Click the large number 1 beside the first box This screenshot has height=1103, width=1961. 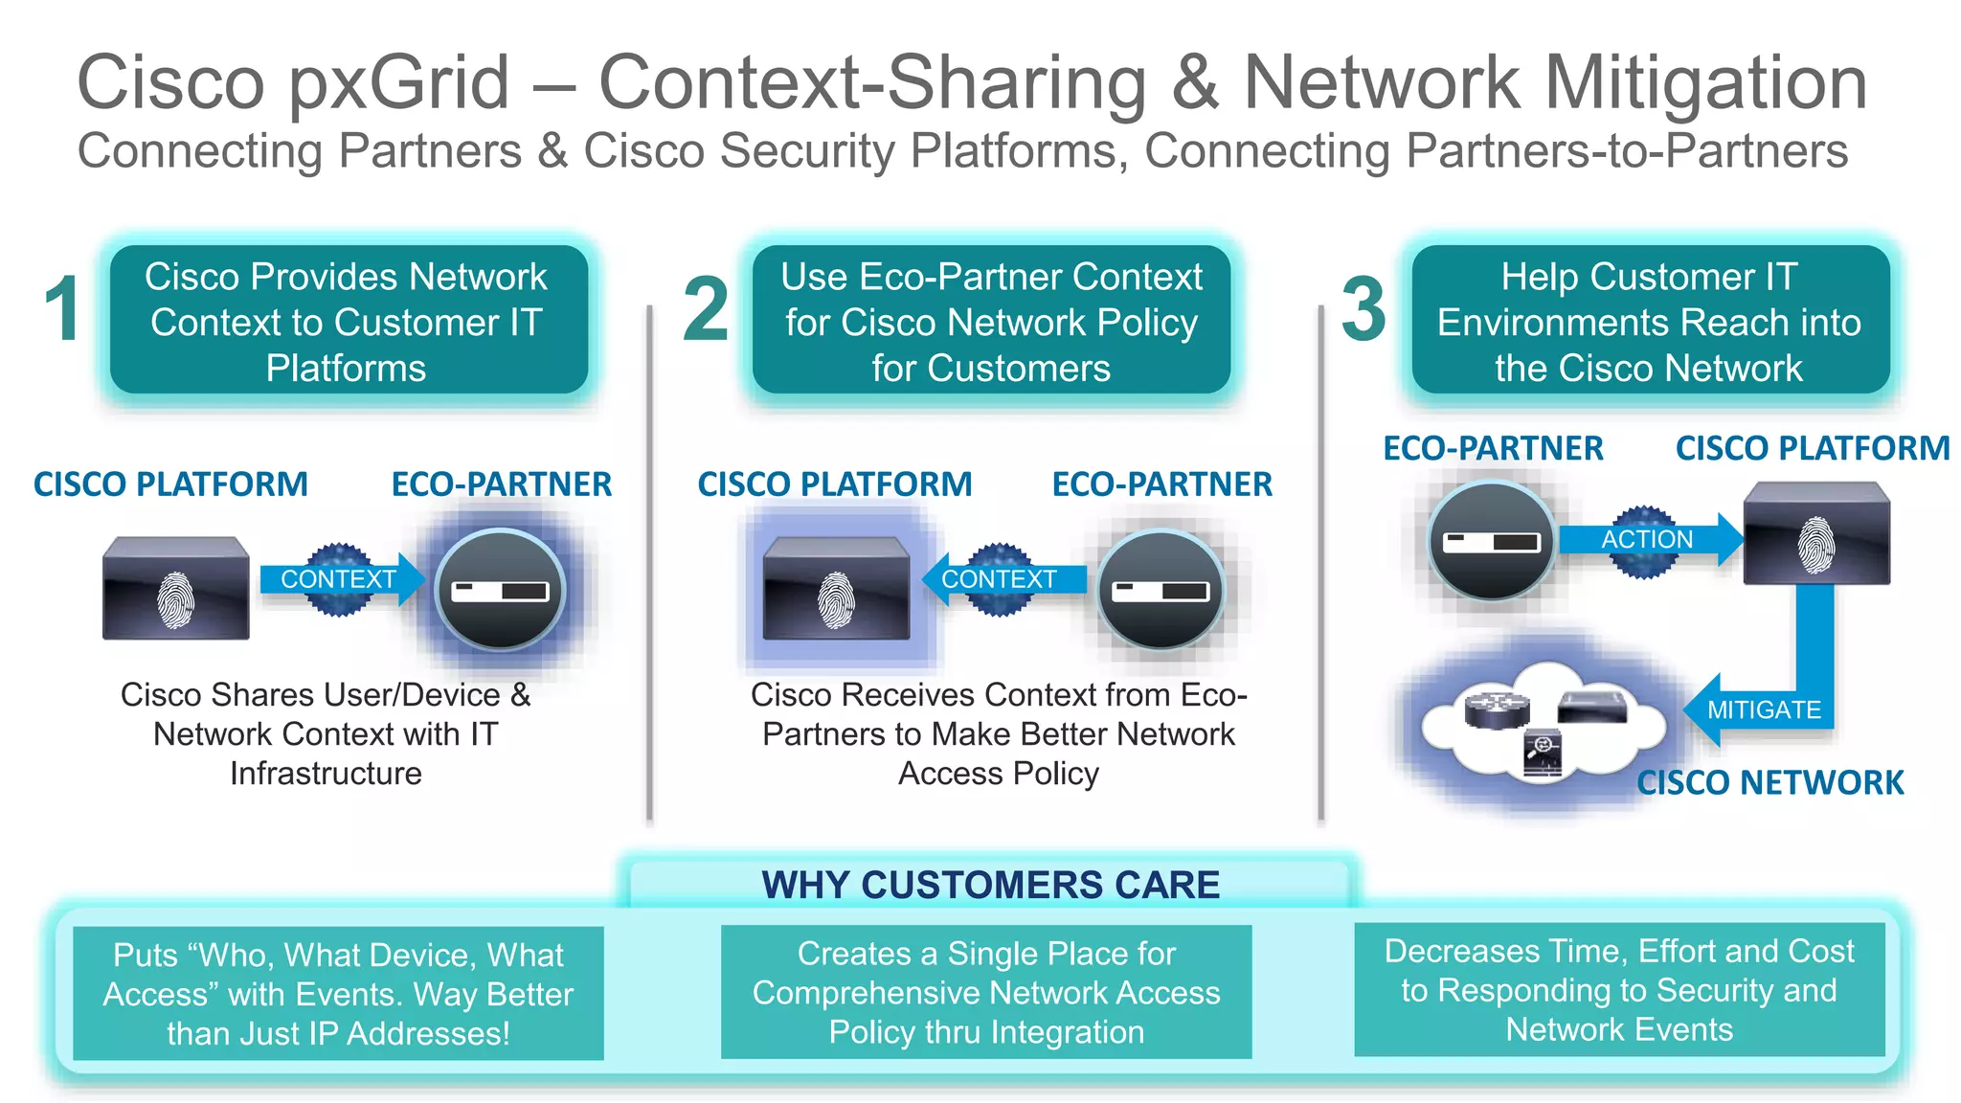[x=63, y=309]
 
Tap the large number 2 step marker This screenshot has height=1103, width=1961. [x=706, y=309]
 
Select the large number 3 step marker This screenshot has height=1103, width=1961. [x=1364, y=309]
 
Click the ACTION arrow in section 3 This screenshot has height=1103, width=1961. [x=1647, y=540]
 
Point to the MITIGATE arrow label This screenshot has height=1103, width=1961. [x=1764, y=709]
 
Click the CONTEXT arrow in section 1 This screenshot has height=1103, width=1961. [x=338, y=579]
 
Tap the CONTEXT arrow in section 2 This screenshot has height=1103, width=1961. [x=999, y=579]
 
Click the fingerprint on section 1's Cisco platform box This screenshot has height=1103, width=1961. [x=175, y=600]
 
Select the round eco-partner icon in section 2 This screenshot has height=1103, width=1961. [x=1161, y=591]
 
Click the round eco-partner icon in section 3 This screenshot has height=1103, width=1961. [x=1491, y=541]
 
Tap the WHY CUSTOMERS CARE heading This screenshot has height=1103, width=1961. [x=990, y=885]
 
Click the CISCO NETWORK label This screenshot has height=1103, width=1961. [x=1769, y=783]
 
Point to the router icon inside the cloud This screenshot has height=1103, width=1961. [x=1497, y=709]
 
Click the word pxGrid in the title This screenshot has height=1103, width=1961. [x=399, y=84]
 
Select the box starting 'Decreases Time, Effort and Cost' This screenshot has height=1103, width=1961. [x=1619, y=990]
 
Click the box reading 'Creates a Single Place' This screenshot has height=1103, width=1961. [x=986, y=992]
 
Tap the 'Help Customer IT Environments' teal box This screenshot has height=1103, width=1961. [x=1650, y=322]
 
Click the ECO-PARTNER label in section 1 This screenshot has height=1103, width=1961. [x=501, y=484]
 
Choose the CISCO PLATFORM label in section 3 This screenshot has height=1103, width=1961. [x=1812, y=448]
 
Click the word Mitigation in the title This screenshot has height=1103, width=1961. [x=1705, y=84]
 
